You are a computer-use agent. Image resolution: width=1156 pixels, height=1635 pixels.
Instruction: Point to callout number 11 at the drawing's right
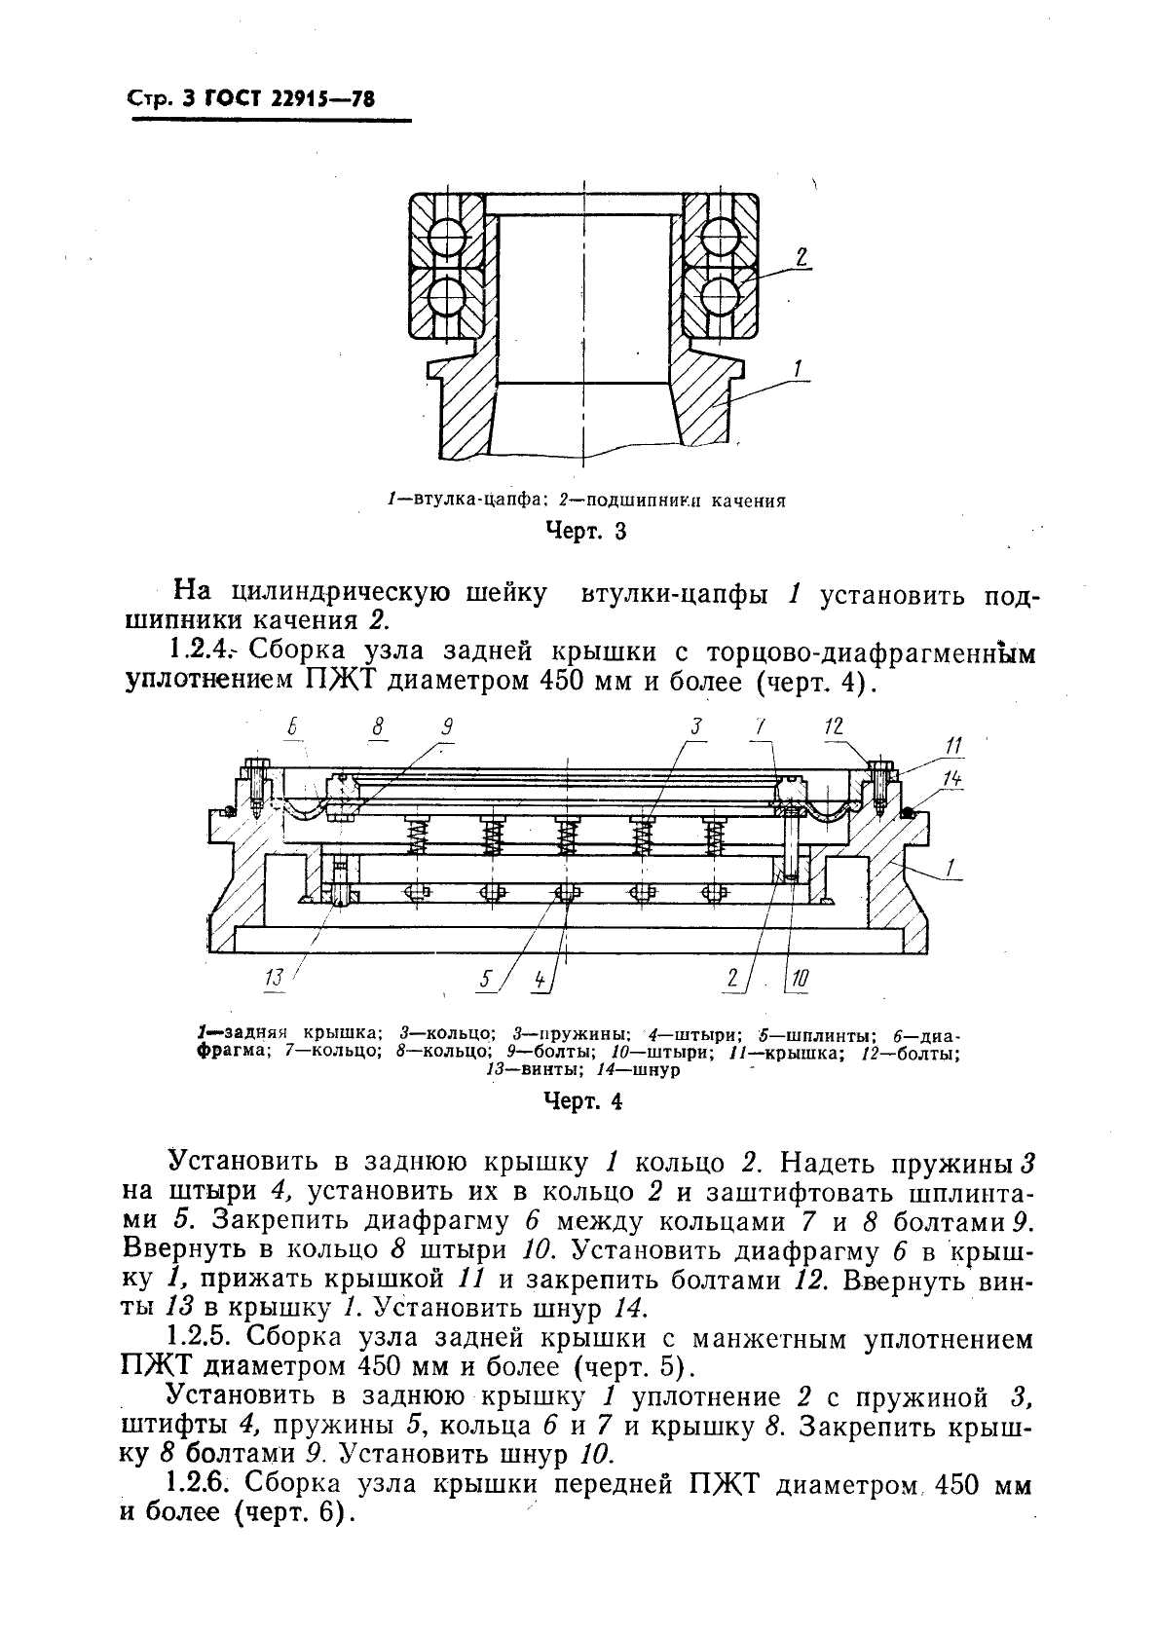click(953, 746)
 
